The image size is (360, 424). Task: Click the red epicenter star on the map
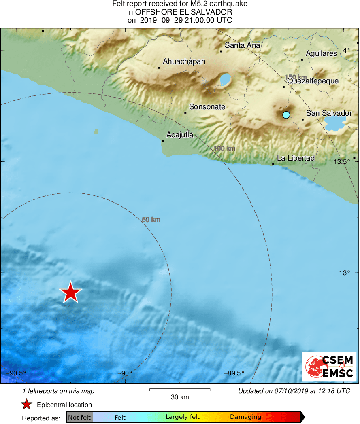[71, 292]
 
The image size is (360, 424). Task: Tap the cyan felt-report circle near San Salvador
[286, 114]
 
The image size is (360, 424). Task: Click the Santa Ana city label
[242, 45]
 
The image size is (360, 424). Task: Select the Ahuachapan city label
[184, 61]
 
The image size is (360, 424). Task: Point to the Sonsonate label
[207, 107]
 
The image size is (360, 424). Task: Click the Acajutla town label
[180, 135]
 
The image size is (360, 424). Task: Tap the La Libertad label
[296, 158]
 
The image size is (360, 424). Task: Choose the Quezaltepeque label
[313, 81]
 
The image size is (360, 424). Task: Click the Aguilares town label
[321, 53]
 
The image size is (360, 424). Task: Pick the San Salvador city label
[329, 113]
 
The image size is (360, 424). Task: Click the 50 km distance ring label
[151, 220]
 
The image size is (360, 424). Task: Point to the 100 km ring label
[224, 148]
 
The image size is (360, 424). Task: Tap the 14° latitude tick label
[345, 50]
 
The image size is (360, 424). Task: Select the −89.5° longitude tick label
[234, 373]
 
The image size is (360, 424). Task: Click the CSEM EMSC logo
[329, 367]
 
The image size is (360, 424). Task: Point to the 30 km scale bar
[180, 389]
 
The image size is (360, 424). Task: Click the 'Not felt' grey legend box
[79, 417]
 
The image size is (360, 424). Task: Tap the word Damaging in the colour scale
[245, 417]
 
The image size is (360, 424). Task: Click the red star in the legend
[27, 404]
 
